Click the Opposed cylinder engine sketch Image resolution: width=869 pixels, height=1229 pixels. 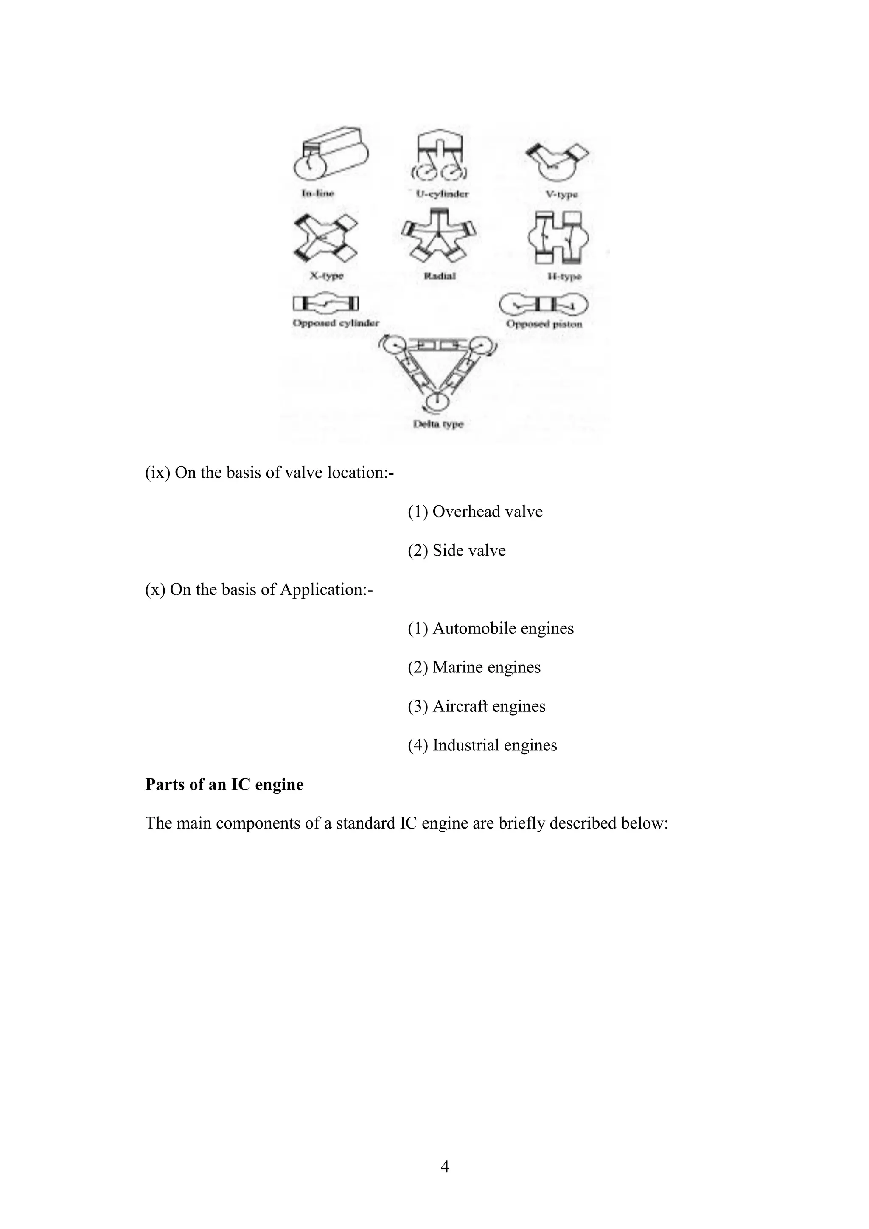(325, 304)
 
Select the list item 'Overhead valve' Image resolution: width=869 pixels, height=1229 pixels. (475, 512)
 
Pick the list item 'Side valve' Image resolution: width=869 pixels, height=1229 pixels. (457, 551)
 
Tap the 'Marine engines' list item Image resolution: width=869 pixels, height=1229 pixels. (474, 667)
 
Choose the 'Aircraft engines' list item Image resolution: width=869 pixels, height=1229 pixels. (477, 707)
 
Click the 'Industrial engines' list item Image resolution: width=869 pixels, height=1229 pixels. (482, 746)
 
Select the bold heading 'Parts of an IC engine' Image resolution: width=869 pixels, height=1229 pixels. (224, 785)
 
